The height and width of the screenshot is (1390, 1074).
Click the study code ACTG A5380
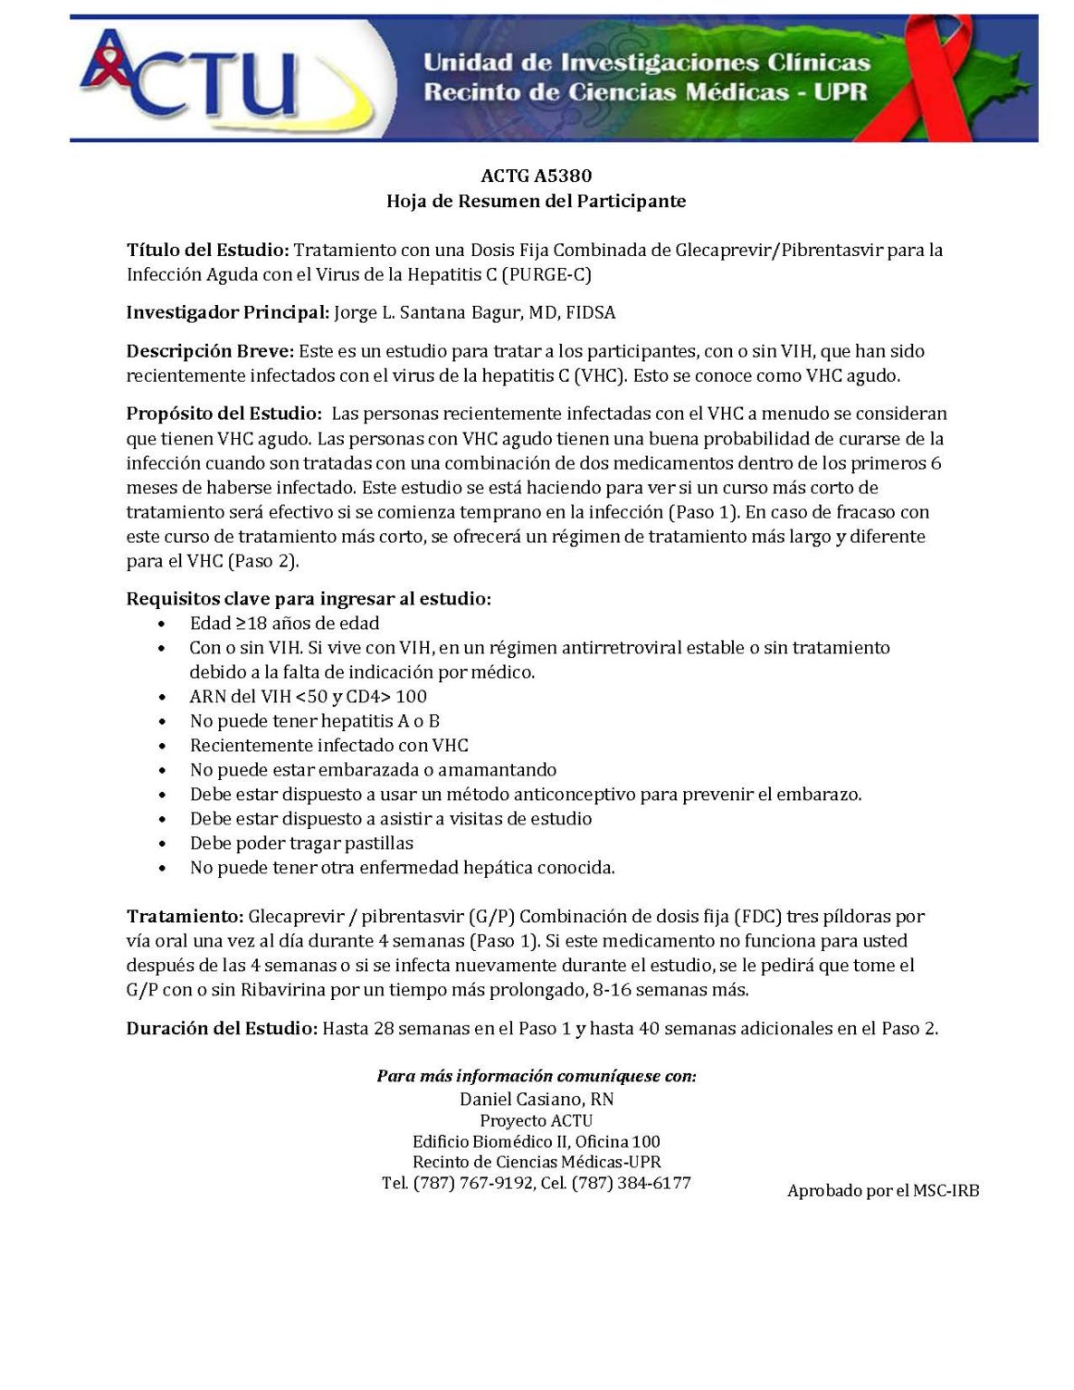(536, 176)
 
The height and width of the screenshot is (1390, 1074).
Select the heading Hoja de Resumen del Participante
(536, 201)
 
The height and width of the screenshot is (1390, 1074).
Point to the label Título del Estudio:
(207, 250)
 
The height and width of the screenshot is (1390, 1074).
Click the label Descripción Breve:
(210, 351)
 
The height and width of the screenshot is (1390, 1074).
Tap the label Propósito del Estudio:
(223, 414)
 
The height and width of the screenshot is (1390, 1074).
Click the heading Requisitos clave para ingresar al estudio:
(309, 598)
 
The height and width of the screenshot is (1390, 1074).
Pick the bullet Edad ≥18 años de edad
(284, 624)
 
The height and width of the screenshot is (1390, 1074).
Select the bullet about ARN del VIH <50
(308, 697)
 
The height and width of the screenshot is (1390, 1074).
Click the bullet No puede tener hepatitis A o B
(314, 721)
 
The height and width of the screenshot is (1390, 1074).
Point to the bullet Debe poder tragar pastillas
(301, 843)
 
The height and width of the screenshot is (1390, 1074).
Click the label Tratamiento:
(185, 917)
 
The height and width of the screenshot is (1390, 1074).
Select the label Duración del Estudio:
(222, 1029)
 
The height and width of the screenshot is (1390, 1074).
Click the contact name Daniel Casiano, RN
(537, 1100)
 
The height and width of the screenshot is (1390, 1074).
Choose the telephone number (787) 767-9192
(473, 1184)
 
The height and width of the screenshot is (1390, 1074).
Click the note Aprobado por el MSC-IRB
(883, 1191)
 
